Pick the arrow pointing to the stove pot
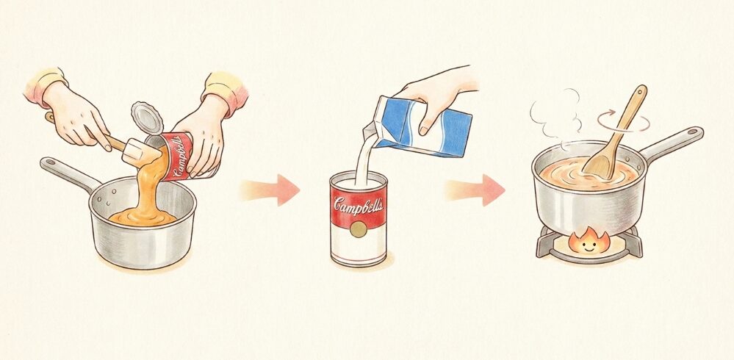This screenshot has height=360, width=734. (x=476, y=191)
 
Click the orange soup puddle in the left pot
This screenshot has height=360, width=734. (x=143, y=215)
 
